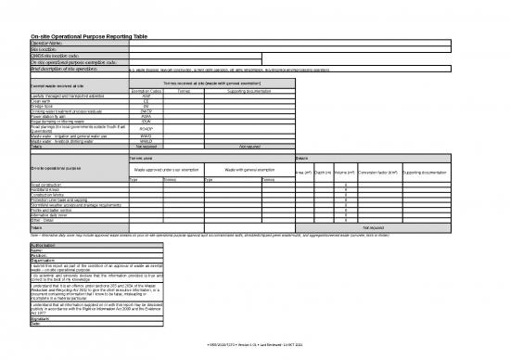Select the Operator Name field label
(x=47, y=43)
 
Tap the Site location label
(x=45, y=49)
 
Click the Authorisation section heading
(x=47, y=244)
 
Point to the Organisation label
(x=45, y=261)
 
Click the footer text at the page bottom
(x=255, y=344)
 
